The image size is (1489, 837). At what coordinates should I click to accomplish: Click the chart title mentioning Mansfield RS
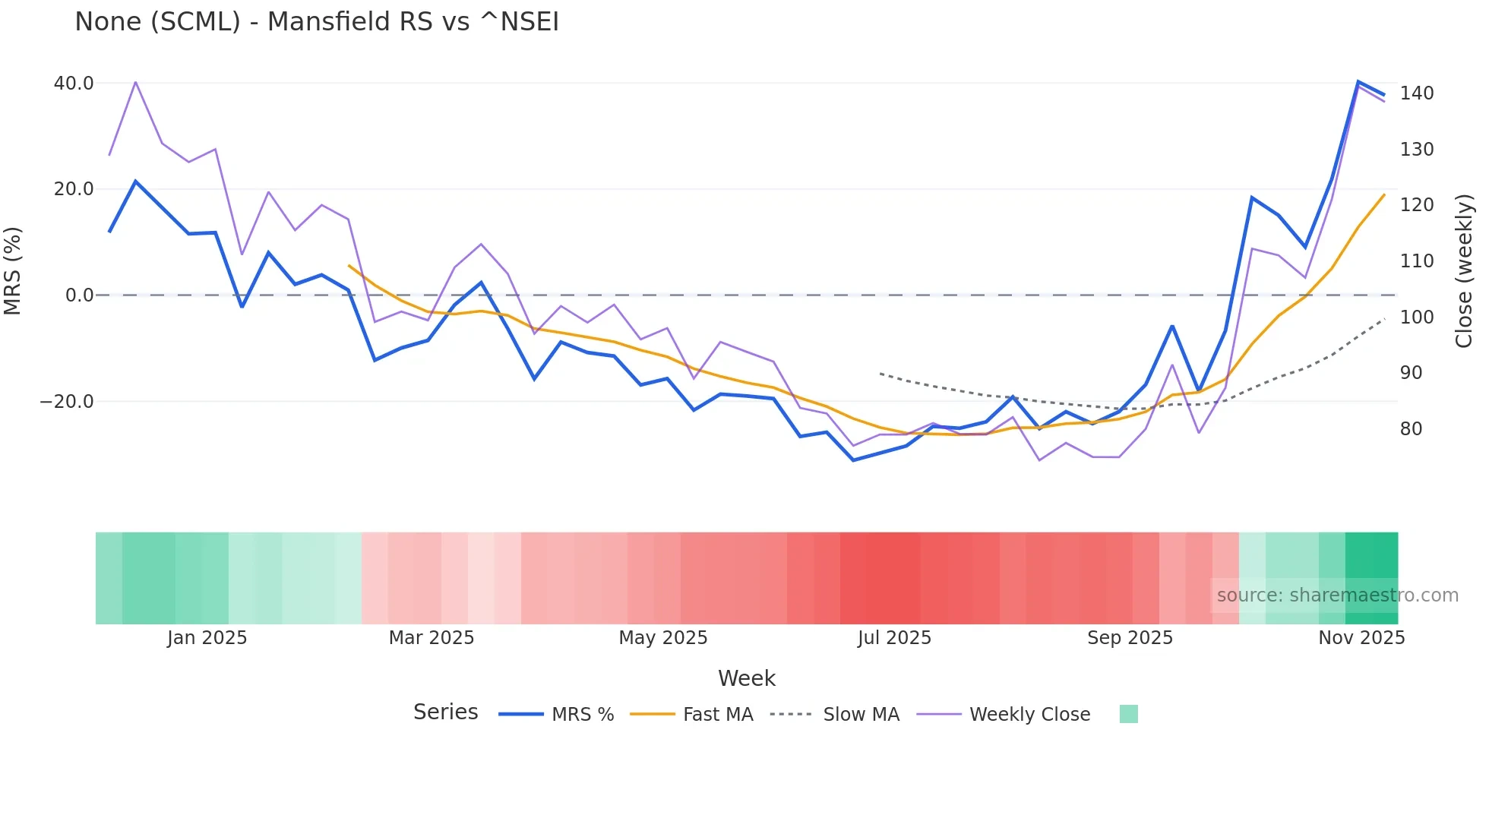click(317, 21)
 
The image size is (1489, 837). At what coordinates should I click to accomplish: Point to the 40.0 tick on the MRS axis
click(74, 83)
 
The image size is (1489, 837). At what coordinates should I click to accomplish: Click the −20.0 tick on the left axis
click(67, 401)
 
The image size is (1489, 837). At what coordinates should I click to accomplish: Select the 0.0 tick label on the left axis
click(79, 295)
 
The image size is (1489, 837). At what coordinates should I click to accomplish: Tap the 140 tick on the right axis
click(1417, 93)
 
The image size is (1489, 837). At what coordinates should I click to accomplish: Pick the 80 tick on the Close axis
click(1412, 429)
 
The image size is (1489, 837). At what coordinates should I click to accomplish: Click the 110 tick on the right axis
click(1417, 261)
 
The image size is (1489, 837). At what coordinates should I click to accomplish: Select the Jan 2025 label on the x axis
click(207, 638)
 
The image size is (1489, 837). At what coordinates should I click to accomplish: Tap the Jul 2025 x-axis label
click(894, 638)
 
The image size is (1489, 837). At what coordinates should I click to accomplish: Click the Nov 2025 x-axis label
click(1361, 638)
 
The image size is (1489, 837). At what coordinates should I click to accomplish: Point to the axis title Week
click(746, 678)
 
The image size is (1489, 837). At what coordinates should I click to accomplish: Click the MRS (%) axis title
click(13, 271)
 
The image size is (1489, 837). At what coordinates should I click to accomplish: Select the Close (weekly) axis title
click(1464, 271)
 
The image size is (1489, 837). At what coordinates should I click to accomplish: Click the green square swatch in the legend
click(1128, 714)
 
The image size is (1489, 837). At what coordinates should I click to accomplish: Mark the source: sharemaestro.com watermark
click(1337, 595)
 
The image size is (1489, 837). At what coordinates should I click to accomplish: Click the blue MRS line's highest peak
click(1358, 81)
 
